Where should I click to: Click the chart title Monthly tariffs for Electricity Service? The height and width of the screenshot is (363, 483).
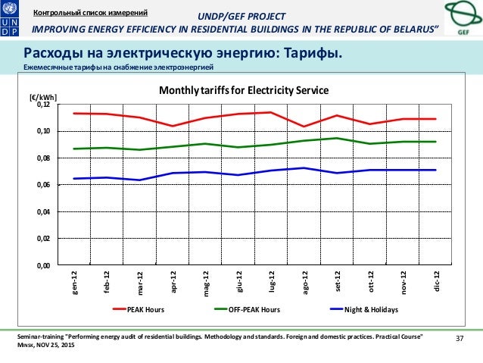(x=243, y=90)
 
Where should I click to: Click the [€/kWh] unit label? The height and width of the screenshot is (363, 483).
(x=42, y=97)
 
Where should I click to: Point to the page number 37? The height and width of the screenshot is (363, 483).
(x=457, y=338)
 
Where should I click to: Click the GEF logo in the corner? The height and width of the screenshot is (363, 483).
(x=461, y=20)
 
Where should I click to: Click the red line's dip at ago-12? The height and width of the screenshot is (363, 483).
(x=304, y=127)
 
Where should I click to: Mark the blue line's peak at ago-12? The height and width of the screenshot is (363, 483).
(x=304, y=168)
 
